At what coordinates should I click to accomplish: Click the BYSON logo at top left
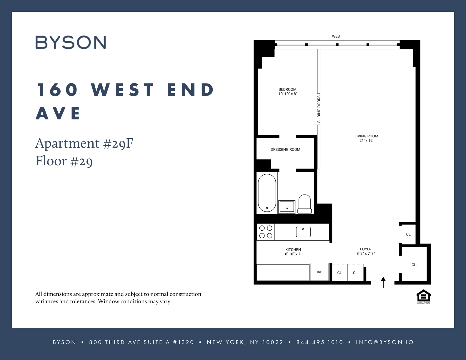point(71,42)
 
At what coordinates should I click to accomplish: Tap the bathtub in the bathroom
point(267,193)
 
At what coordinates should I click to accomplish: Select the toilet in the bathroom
point(304,204)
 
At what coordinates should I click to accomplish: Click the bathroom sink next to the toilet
point(287,206)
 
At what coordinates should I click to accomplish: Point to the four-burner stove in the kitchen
point(266,232)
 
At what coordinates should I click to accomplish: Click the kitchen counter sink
point(303,232)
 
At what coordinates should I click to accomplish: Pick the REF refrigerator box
point(319,272)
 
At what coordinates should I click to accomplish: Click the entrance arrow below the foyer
point(383,282)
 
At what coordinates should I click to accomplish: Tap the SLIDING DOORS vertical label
point(319,109)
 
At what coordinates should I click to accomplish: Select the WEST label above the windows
point(337,36)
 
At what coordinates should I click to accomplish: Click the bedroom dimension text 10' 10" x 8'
point(287,94)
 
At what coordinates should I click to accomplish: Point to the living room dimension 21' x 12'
point(366,141)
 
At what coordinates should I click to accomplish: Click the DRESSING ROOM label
point(285,149)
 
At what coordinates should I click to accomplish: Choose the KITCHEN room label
point(293,249)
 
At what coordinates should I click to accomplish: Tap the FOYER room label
point(366,249)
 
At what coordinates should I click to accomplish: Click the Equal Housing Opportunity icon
point(424,296)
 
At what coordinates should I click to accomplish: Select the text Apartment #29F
point(84,144)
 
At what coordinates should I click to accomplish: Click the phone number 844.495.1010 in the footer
point(320,342)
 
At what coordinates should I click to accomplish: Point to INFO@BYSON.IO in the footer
point(385,342)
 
